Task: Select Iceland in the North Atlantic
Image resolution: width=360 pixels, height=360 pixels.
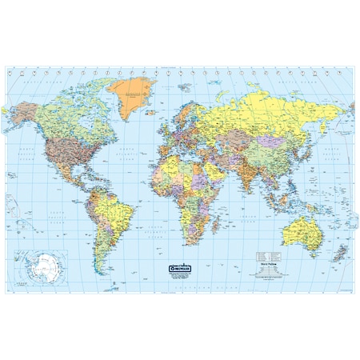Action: click(155, 107)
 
